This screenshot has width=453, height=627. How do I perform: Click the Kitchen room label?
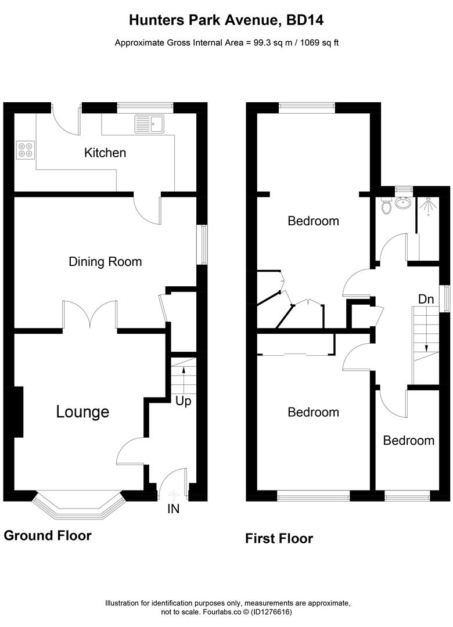(x=105, y=153)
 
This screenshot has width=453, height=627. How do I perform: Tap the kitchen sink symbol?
(x=150, y=122)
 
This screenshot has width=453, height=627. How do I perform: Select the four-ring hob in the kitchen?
(x=25, y=150)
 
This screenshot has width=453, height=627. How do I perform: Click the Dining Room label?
(x=105, y=261)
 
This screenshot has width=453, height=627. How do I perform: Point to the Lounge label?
(x=82, y=412)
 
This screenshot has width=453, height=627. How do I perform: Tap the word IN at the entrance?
(x=173, y=509)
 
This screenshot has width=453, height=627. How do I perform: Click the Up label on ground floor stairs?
(x=183, y=401)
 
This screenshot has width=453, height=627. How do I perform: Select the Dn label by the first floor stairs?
(x=426, y=299)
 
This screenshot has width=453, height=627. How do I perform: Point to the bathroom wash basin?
(x=402, y=203)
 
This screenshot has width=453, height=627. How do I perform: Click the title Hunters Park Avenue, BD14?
(x=226, y=21)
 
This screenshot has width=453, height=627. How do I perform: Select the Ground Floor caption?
(x=48, y=535)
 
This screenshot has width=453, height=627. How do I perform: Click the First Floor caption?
(x=279, y=539)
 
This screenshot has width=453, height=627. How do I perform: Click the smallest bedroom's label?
(x=408, y=440)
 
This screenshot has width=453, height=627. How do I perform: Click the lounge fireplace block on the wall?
(x=17, y=412)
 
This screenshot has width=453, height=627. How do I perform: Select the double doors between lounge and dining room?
(x=90, y=316)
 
